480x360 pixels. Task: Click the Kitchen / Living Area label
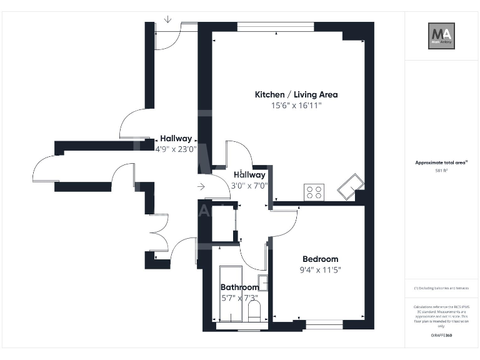(296, 95)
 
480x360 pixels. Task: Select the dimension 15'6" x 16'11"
(296, 106)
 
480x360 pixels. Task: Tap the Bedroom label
(320, 259)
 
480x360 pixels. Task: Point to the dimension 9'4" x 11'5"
(321, 270)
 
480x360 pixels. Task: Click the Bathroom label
(239, 287)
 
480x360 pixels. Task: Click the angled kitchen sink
(350, 186)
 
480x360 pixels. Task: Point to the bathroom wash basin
(264, 282)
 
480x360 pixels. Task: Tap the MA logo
(441, 36)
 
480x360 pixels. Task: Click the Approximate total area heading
(441, 162)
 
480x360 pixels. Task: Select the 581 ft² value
(441, 170)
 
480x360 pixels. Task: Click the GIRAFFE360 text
(441, 336)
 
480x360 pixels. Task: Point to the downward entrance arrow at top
(167, 19)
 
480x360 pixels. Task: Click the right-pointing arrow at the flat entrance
(200, 186)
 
